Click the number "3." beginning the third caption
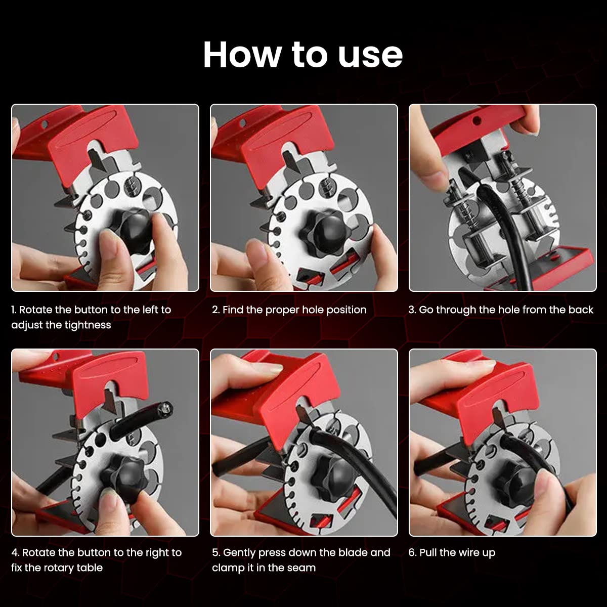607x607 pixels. click(412, 310)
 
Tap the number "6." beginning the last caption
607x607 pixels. click(412, 552)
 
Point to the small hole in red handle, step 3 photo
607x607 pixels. click(476, 121)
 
